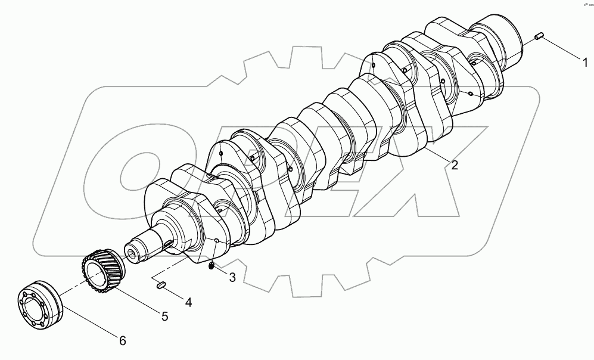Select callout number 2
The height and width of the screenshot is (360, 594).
coord(455,166)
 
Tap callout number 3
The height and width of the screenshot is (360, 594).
coord(232,277)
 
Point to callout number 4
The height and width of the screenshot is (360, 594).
coord(188,302)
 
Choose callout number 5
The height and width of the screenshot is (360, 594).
coord(164,316)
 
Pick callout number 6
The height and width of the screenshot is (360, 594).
coord(122,341)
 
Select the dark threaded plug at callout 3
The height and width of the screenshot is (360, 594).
coord(212,266)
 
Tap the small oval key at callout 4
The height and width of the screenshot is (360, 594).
coord(160,285)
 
